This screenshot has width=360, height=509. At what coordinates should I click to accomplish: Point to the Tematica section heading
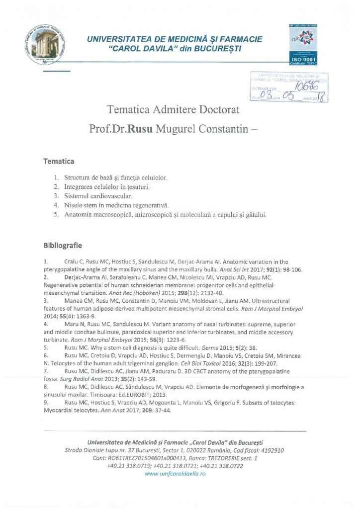[x=59, y=162]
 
